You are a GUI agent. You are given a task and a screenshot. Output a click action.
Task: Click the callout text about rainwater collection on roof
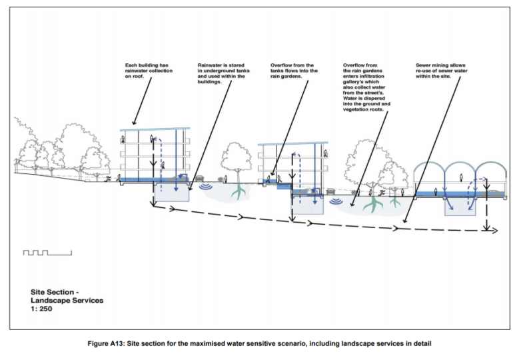[x=149, y=71]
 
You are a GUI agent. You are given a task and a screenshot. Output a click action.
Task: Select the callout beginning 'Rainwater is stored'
[x=222, y=73]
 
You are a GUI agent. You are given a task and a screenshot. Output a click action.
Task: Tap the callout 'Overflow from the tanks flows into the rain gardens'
[x=294, y=71]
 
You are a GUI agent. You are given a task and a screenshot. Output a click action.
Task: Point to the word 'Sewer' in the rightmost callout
[x=424, y=65]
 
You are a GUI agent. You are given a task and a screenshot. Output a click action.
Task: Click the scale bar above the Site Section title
[x=47, y=253]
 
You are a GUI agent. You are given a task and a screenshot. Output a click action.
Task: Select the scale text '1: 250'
[x=44, y=309]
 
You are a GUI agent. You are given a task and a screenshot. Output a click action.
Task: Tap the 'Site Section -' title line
[x=55, y=291]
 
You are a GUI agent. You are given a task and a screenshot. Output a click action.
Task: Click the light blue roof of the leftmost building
[x=155, y=129]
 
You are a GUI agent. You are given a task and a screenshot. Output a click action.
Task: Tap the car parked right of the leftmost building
[x=199, y=179]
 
